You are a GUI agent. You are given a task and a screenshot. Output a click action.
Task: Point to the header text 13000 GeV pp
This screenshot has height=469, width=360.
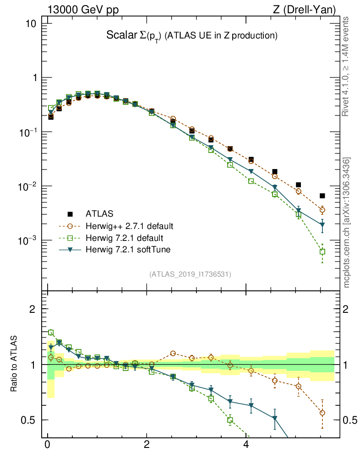pos(82,10)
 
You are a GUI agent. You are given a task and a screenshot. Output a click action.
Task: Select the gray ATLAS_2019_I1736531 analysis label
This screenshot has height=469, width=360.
pos(190,274)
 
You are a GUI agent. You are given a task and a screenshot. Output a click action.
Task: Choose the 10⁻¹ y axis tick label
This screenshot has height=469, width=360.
pos(30,132)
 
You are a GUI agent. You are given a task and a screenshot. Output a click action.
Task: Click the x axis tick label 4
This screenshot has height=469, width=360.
pos(246,445)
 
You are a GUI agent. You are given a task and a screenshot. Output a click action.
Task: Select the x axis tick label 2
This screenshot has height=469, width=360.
pos(147,445)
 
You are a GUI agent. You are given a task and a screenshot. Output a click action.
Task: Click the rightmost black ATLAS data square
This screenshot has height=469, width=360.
pos(322,196)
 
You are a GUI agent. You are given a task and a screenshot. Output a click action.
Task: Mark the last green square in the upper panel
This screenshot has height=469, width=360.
pos(322,251)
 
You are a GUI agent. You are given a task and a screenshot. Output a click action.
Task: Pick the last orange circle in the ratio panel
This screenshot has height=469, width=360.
pos(322,413)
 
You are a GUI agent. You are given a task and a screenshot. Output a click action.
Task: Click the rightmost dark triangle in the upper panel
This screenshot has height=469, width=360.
pos(322,225)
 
